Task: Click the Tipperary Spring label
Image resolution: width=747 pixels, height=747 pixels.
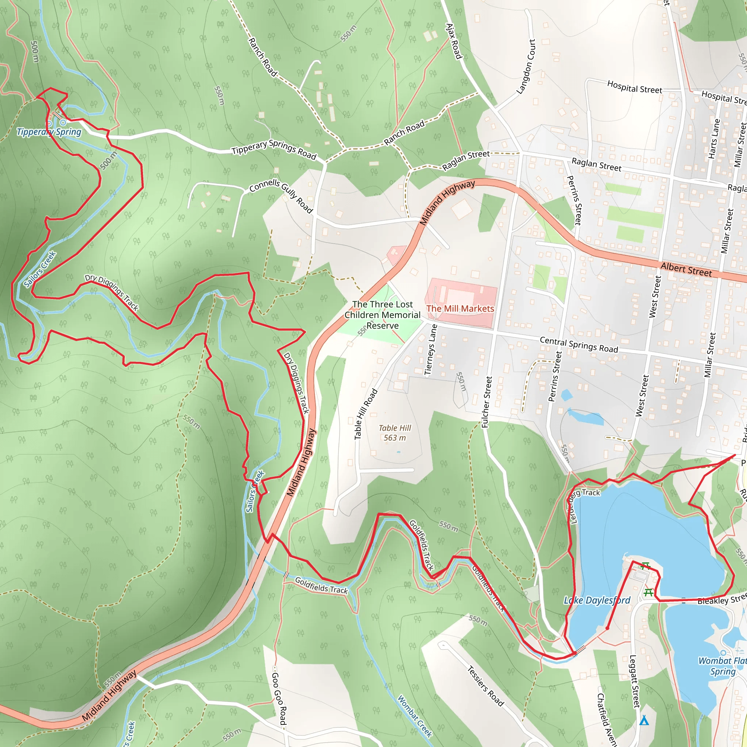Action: point(49,132)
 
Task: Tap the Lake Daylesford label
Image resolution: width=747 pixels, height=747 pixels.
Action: point(597,600)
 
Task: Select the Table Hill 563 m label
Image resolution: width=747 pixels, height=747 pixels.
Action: point(394,433)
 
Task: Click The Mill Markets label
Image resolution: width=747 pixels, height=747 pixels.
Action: point(460,309)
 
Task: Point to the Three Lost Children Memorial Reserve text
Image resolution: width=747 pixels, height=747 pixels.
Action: point(382,315)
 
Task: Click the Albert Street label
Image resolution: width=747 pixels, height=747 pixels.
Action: point(686,269)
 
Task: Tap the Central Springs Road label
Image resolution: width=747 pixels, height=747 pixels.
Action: point(579,344)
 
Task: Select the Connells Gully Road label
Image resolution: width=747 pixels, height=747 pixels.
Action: point(281,195)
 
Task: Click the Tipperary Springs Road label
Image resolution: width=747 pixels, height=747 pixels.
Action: point(274,149)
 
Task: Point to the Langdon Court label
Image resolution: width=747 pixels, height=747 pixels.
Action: point(526,66)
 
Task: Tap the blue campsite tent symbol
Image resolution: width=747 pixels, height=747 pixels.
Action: point(644,720)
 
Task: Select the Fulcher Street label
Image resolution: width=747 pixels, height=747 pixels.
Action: point(487,402)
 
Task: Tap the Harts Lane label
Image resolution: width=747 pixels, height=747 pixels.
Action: point(714,138)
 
